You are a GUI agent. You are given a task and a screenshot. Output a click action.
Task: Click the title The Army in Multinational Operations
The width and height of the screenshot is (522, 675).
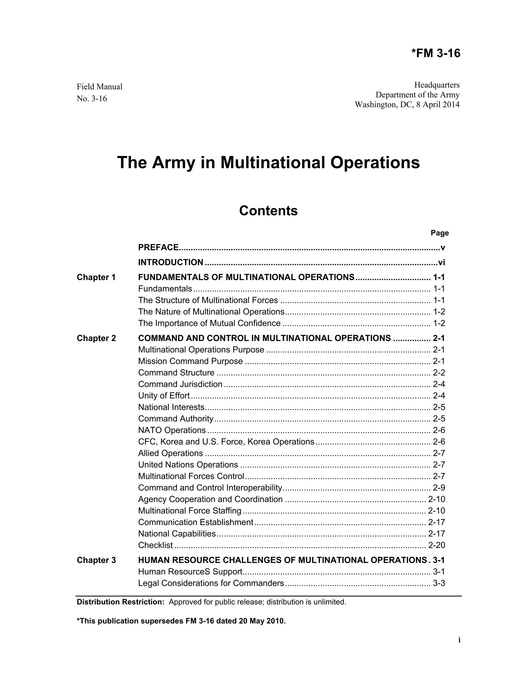tap(268, 163)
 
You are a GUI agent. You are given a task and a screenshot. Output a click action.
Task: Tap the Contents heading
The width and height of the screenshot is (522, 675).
tap(268, 211)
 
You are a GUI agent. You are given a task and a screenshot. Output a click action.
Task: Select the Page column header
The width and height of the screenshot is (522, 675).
tap(440, 233)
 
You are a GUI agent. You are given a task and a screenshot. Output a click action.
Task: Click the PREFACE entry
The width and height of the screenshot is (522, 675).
tap(158, 247)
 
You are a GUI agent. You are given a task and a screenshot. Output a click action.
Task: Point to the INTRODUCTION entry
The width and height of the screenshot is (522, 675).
tap(171, 262)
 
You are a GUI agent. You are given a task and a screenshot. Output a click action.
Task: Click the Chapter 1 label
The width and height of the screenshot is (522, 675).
tap(96, 278)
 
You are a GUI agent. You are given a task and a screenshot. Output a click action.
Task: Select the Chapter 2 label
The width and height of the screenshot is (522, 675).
tap(96, 338)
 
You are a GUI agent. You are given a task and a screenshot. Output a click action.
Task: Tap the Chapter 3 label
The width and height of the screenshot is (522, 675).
tap(96, 560)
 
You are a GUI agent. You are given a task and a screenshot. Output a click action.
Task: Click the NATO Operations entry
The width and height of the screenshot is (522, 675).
tap(172, 430)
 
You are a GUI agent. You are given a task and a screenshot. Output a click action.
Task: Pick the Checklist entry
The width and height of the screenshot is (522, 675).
tap(155, 545)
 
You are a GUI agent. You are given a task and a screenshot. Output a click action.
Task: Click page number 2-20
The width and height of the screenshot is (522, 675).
tap(437, 545)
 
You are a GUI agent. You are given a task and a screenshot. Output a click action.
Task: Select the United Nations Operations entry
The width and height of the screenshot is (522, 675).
tap(188, 465)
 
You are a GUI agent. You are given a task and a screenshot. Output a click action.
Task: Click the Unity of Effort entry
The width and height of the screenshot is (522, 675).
tap(164, 396)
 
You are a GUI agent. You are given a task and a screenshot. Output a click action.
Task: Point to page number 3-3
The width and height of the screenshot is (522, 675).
tap(439, 583)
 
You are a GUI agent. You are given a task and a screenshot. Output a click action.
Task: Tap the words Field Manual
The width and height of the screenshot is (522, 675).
tap(100, 87)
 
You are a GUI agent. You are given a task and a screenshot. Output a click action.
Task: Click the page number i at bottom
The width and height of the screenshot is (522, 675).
tap(459, 640)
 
